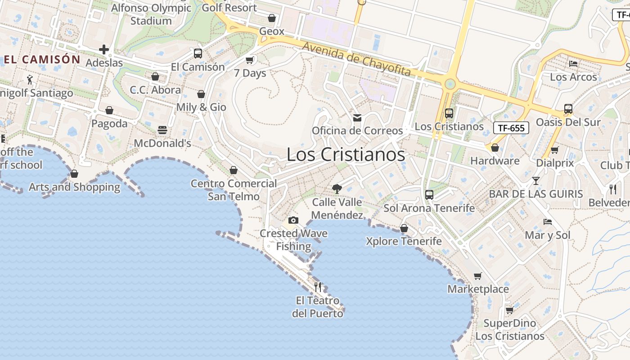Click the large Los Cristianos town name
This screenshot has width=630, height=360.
click(346, 155)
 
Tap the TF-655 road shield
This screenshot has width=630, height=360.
click(511, 128)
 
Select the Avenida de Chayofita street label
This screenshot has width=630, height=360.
click(356, 59)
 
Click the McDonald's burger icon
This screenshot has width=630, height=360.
click(162, 130)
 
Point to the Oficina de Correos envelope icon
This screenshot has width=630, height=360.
click(357, 118)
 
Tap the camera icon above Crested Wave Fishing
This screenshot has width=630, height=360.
click(293, 220)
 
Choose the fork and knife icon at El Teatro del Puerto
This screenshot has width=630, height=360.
click(318, 287)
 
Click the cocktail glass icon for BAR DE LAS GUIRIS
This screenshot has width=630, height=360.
click(535, 181)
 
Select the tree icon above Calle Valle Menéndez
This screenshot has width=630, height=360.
click(337, 189)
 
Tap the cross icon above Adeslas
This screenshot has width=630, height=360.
click(104, 49)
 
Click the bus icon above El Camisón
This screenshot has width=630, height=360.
click(198, 54)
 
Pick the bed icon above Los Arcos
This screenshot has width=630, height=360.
click(573, 64)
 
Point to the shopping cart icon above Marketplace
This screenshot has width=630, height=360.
click(477, 276)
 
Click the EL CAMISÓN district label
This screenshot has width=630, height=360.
click(42, 59)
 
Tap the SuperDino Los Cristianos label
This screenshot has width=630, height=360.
click(510, 329)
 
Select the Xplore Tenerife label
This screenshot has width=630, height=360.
click(404, 241)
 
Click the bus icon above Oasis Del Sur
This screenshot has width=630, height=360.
click(568, 109)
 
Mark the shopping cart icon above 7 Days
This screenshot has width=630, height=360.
click(250, 60)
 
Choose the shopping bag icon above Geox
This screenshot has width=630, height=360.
click(272, 18)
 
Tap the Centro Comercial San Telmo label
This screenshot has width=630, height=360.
click(234, 190)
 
